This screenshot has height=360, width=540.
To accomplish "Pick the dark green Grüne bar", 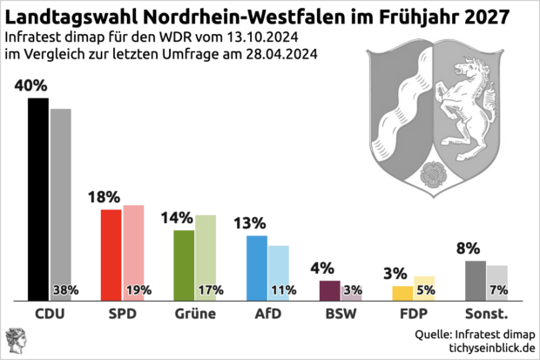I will pyautogui.click(x=184, y=265).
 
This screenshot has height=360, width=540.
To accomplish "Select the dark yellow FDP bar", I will pyautogui.click(x=402, y=293).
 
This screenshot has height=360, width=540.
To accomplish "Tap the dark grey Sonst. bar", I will pyautogui.click(x=476, y=280).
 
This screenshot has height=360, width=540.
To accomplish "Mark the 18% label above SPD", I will pyautogui.click(x=104, y=198).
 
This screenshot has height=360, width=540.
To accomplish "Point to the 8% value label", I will pyautogui.click(x=468, y=248).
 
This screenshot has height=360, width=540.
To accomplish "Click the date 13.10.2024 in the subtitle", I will pyautogui.click(x=258, y=37).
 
